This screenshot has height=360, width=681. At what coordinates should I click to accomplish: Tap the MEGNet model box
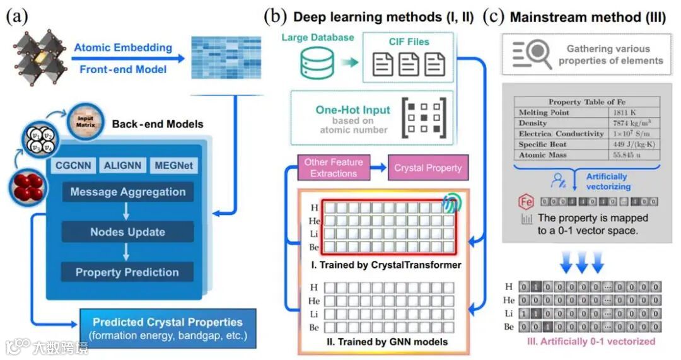(x=173, y=166)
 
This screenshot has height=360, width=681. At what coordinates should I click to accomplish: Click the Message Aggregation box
(x=128, y=192)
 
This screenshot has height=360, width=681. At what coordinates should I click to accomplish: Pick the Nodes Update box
(x=128, y=232)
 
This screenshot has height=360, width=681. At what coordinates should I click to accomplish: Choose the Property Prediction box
(x=128, y=272)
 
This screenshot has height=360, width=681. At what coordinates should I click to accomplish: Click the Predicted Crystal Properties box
(x=168, y=328)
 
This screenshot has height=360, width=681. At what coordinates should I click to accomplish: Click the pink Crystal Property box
(x=428, y=168)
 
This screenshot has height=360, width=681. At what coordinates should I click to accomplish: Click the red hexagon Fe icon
(x=525, y=202)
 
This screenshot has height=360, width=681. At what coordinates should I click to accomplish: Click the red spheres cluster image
(x=26, y=187)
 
